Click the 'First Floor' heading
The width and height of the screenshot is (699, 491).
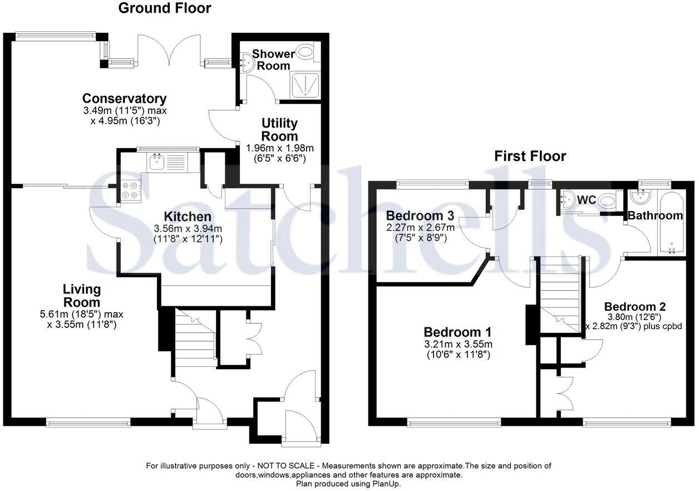[530, 156]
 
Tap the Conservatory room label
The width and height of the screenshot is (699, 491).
[124, 99]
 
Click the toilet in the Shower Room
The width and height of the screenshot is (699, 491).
[305, 53]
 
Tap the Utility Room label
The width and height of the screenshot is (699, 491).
[279, 129]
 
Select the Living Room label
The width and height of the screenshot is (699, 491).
[81, 296]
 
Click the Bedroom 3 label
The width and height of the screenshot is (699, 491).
[421, 215]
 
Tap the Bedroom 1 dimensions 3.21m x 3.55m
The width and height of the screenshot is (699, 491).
[457, 344]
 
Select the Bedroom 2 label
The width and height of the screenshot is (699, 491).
[635, 306]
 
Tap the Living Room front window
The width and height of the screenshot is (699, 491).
[88, 423]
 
